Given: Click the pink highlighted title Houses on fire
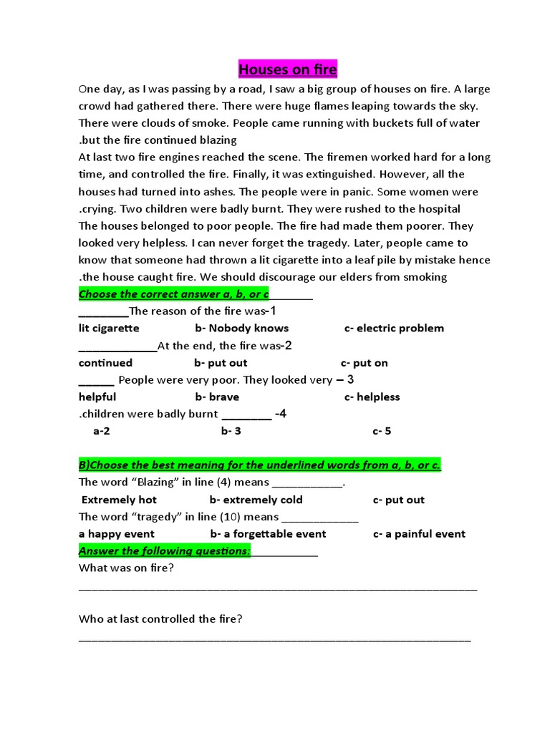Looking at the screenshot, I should point(286,69).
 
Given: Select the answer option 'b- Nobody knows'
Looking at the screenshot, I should point(241,328).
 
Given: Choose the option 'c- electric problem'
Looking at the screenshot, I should point(394,328).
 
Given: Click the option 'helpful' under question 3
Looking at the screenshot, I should point(97,397).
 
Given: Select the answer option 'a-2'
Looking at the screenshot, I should point(101,431).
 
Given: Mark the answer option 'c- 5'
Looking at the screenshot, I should point(382,431).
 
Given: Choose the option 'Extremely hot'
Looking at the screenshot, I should point(119,500).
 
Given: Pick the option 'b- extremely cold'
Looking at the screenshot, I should point(256,500).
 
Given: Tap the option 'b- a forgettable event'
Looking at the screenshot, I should point(268,533).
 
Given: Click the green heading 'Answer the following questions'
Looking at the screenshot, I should point(164,550).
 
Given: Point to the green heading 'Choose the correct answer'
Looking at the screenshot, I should point(174,294).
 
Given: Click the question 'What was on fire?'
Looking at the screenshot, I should point(126,568).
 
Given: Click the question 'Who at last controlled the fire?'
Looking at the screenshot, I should point(160,618).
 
